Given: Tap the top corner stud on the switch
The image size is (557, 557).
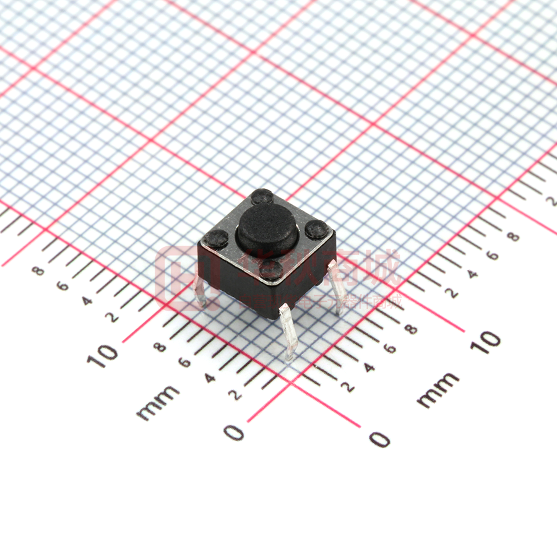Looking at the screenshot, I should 262,197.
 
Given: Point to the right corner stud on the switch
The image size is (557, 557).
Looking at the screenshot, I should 317,230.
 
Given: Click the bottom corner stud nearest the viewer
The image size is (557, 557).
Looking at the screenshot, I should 271,269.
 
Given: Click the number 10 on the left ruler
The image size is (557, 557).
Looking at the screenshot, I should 103,355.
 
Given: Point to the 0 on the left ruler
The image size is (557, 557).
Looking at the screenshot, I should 234,432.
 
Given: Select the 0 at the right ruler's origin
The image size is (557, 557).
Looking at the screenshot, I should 379,439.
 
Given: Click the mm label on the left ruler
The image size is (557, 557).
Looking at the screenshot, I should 158,402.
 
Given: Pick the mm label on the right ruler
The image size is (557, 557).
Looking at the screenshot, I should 438,390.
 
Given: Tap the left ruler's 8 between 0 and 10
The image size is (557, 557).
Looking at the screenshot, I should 160,347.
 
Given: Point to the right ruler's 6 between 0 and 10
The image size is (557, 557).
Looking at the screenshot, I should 390,348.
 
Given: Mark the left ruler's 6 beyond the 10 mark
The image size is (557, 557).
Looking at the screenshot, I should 62,286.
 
